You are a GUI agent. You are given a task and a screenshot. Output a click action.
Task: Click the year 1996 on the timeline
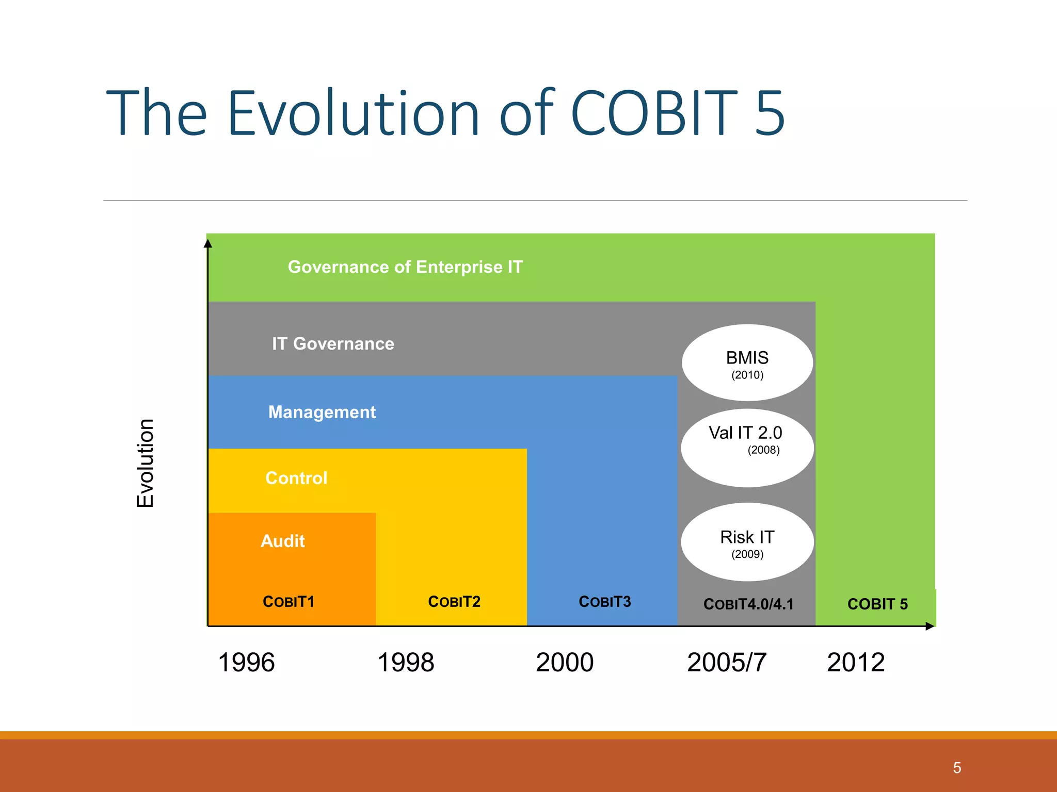[x=246, y=663]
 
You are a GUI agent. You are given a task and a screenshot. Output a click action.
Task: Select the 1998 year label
[x=406, y=663]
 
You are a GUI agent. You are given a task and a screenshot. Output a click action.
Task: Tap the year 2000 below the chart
[x=565, y=663]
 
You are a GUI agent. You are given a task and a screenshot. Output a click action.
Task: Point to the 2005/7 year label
[x=727, y=663]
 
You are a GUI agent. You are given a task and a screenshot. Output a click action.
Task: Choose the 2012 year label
[x=856, y=663]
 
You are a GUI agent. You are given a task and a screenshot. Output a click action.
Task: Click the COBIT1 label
[x=289, y=602]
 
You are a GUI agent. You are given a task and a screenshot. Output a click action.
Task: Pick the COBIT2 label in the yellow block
[x=454, y=602]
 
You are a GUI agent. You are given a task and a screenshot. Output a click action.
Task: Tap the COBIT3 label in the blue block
[x=605, y=602]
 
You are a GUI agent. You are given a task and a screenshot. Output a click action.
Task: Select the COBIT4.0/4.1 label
[x=748, y=604]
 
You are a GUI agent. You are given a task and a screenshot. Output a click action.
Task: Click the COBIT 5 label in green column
[x=877, y=604]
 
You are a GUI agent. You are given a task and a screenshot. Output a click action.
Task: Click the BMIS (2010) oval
[x=747, y=363]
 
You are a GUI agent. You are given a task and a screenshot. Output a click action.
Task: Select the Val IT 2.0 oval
[x=747, y=448]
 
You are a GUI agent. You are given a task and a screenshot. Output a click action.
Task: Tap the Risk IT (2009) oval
[x=747, y=542]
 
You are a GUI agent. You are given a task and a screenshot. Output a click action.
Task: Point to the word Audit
[x=283, y=541]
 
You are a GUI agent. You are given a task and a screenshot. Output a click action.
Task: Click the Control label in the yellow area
[x=296, y=478]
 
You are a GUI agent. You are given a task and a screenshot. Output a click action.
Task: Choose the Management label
[x=322, y=412]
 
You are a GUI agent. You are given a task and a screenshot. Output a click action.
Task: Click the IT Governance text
[x=333, y=344]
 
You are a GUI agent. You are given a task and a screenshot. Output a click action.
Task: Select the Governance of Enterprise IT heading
[x=405, y=267]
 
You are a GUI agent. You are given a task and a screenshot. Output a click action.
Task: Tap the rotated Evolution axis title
[x=146, y=463]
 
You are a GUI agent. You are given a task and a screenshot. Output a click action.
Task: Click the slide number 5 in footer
[x=957, y=768]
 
